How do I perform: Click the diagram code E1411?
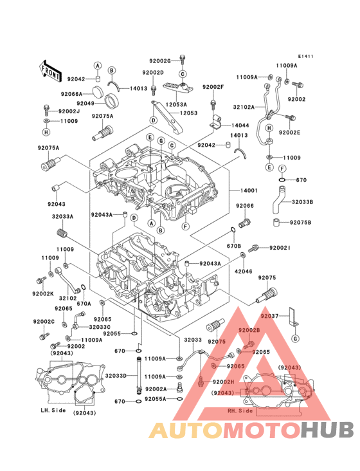tap(305, 57)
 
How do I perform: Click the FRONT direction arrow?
tap(51, 66)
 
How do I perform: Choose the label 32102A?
tap(244, 107)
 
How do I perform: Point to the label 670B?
tap(234, 246)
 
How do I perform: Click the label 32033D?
tap(116, 376)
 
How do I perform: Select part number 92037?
tap(270, 316)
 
